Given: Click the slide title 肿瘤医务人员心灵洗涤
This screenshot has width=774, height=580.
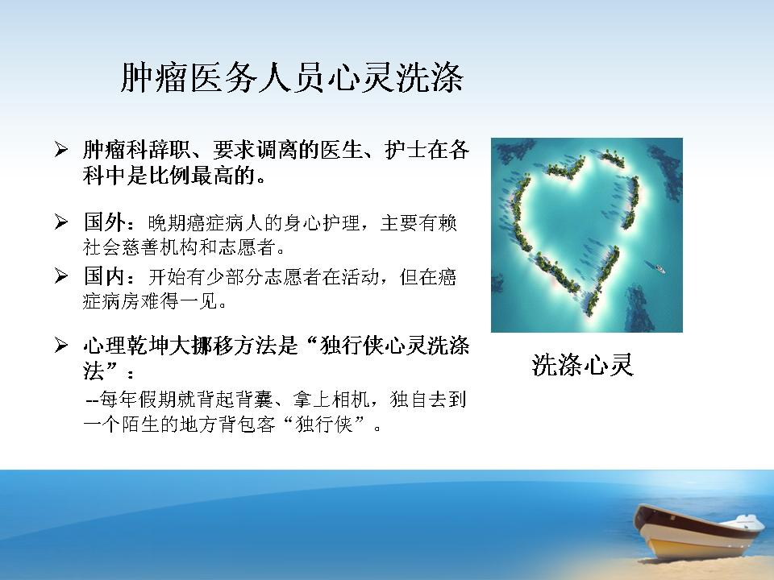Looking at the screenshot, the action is pyautogui.click(x=292, y=77).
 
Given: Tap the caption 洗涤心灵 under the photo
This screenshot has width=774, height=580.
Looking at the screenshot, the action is pyautogui.click(x=582, y=366).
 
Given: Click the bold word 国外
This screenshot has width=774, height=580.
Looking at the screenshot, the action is pyautogui.click(x=104, y=222).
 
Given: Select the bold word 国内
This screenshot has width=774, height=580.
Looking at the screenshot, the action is pyautogui.click(x=104, y=276).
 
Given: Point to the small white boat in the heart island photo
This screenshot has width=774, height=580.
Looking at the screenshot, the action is pyautogui.click(x=660, y=269).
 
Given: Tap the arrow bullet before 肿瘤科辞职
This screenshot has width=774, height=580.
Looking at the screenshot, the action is pyautogui.click(x=61, y=149).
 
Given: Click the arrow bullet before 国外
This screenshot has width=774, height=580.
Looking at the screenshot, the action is pyautogui.click(x=61, y=222).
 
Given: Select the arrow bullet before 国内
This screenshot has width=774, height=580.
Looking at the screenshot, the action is pyautogui.click(x=61, y=275).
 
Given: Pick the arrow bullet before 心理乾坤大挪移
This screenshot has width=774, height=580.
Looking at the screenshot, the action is pyautogui.click(x=61, y=345).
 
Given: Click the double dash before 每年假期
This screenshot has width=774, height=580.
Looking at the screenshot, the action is pyautogui.click(x=93, y=400).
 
